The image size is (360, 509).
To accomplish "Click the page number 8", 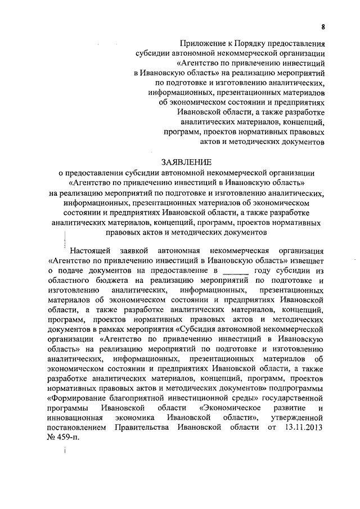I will point(323,26).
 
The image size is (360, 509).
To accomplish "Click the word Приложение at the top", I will point(201,43).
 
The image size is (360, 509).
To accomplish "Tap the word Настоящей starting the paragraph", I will point(91,250).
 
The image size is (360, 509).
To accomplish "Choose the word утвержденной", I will point(299,417).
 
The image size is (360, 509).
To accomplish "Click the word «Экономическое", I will point(229,407).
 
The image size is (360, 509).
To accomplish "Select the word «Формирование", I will point(79,397).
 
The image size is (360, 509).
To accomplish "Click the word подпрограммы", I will point(298,387).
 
